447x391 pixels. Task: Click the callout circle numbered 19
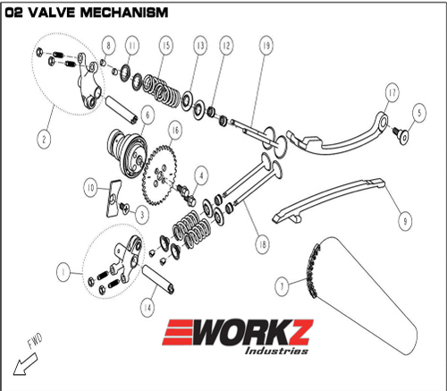266,46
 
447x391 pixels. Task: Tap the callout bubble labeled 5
419,113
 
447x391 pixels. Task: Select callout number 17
392,92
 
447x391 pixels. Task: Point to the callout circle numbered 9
405,221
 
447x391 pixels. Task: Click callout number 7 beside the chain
282,286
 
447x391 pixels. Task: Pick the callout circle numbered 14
148,307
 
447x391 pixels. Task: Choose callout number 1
63,272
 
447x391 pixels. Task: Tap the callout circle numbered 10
90,188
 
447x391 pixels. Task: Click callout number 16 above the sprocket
175,130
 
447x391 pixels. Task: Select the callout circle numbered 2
44,139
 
